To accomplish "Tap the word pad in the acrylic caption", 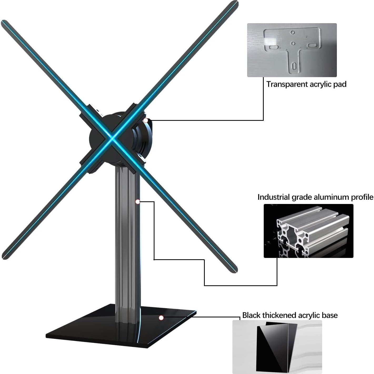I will coord(340,84).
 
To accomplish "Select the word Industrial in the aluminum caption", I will coord(273,197).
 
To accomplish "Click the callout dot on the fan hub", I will coord(146,120).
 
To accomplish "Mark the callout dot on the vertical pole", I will coord(137,202).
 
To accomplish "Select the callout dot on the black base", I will coord(161,318).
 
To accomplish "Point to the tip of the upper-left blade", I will coord(3,22).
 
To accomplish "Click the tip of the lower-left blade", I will coord(4,257).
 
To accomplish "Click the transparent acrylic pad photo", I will coord(292,50).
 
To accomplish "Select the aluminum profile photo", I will coord(308,231).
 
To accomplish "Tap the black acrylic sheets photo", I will coord(277,347).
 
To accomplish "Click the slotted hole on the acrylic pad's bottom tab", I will coord(295,65).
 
